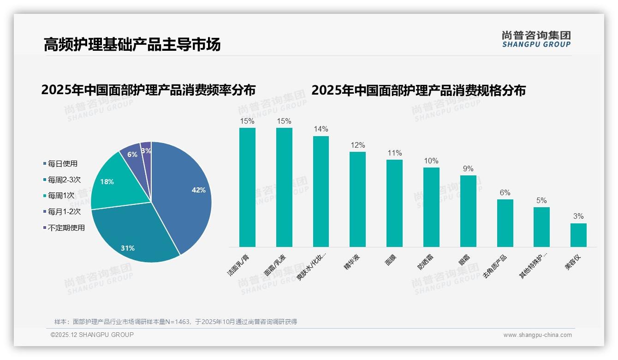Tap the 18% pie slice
point(111,182)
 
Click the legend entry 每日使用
point(62,164)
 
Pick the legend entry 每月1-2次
point(64,212)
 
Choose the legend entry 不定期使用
point(66,228)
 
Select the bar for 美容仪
point(578,235)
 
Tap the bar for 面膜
point(394,203)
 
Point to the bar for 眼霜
point(468,211)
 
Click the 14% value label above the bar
point(321,129)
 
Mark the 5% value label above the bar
point(541,200)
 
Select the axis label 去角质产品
point(495,266)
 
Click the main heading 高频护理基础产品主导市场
point(132,44)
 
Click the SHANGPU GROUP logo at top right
point(536,39)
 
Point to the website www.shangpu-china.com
point(537,335)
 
